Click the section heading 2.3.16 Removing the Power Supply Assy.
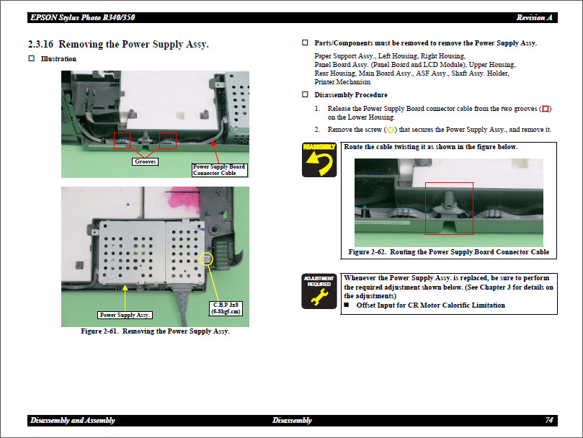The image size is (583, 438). pos(118,45)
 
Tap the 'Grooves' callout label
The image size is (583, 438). pos(146,161)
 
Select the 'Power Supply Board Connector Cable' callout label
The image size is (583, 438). pos(219,170)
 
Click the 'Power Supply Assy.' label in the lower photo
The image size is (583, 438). pos(125,315)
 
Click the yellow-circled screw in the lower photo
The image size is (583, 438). pos(208,259)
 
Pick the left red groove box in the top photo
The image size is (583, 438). pos(122,140)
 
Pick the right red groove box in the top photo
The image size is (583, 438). pos(167,140)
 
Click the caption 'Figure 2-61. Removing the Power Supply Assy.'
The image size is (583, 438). pos(155,331)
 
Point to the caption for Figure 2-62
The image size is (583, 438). pos(448,252)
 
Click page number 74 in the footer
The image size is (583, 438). pos(549,420)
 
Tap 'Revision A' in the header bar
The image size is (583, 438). pos(534,17)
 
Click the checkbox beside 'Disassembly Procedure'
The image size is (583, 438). pos(305,95)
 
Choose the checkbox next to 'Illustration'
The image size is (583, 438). pos(31,58)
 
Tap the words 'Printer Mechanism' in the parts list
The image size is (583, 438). pos(343,82)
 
